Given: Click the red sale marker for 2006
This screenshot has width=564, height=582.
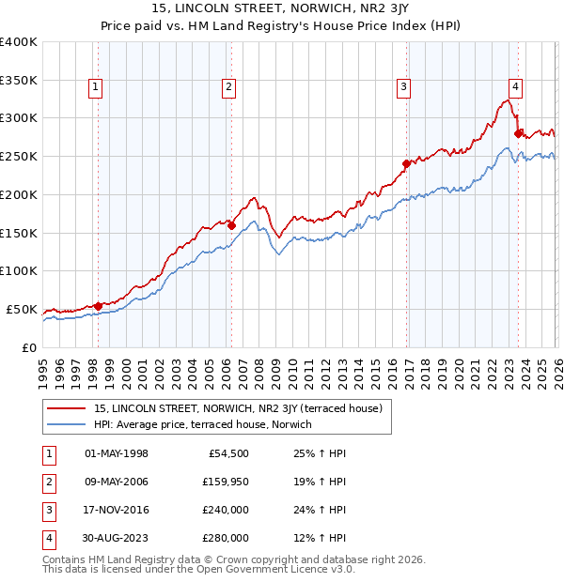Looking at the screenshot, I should [x=231, y=225].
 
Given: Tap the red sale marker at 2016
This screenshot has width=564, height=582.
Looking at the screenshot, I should [x=407, y=163].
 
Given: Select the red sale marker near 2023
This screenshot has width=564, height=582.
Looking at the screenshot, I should [x=519, y=133].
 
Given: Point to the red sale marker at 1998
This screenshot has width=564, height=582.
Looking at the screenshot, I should [x=98, y=305].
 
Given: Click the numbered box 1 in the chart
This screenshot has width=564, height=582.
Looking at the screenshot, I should [x=97, y=88].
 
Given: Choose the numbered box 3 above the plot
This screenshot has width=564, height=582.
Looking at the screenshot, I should [x=403, y=88].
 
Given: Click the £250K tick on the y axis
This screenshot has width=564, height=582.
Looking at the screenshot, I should [x=19, y=157].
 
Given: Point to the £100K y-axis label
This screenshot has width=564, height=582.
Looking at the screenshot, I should [x=19, y=271].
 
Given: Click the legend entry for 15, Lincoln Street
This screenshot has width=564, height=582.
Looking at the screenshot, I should [x=237, y=409].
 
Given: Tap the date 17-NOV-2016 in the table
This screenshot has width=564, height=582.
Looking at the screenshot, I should [x=117, y=510].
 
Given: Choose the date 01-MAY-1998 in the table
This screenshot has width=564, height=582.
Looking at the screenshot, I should [x=117, y=453].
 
